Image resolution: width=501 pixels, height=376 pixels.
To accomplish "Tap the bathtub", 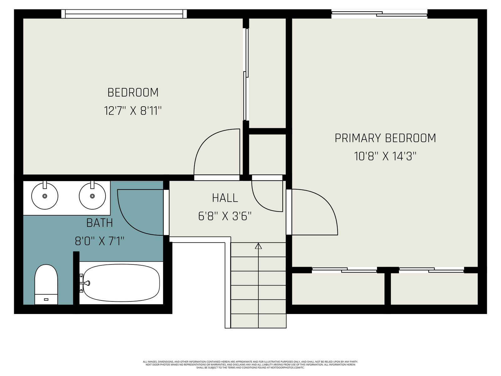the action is point(121,283).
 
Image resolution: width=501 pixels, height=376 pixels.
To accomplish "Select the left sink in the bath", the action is point(45,196).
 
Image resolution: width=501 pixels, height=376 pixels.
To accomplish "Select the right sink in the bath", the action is point(92,196).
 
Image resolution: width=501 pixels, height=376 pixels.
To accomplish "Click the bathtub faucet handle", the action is point(87,283).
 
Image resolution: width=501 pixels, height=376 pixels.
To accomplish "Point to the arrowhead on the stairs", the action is point(258,246).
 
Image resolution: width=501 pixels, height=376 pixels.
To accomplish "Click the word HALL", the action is point(225,198).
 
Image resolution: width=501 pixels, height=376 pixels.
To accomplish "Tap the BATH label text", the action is point(100,223).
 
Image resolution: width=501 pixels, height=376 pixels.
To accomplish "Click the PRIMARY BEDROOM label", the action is point(385,138).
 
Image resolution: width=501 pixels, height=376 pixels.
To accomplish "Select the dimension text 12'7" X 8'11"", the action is point(133,111).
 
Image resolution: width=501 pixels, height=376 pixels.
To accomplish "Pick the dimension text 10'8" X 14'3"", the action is point(385,157).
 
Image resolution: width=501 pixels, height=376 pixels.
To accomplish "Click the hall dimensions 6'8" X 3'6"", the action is point(225,216).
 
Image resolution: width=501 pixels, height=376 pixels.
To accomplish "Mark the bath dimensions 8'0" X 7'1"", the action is point(100,241).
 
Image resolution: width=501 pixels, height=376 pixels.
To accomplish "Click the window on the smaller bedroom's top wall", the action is point(124,14).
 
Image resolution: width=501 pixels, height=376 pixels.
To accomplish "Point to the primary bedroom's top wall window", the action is point(379,14).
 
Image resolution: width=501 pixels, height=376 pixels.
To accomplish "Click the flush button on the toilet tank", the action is point(46,299).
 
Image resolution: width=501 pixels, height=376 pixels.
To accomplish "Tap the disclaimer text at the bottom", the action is point(250,365).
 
